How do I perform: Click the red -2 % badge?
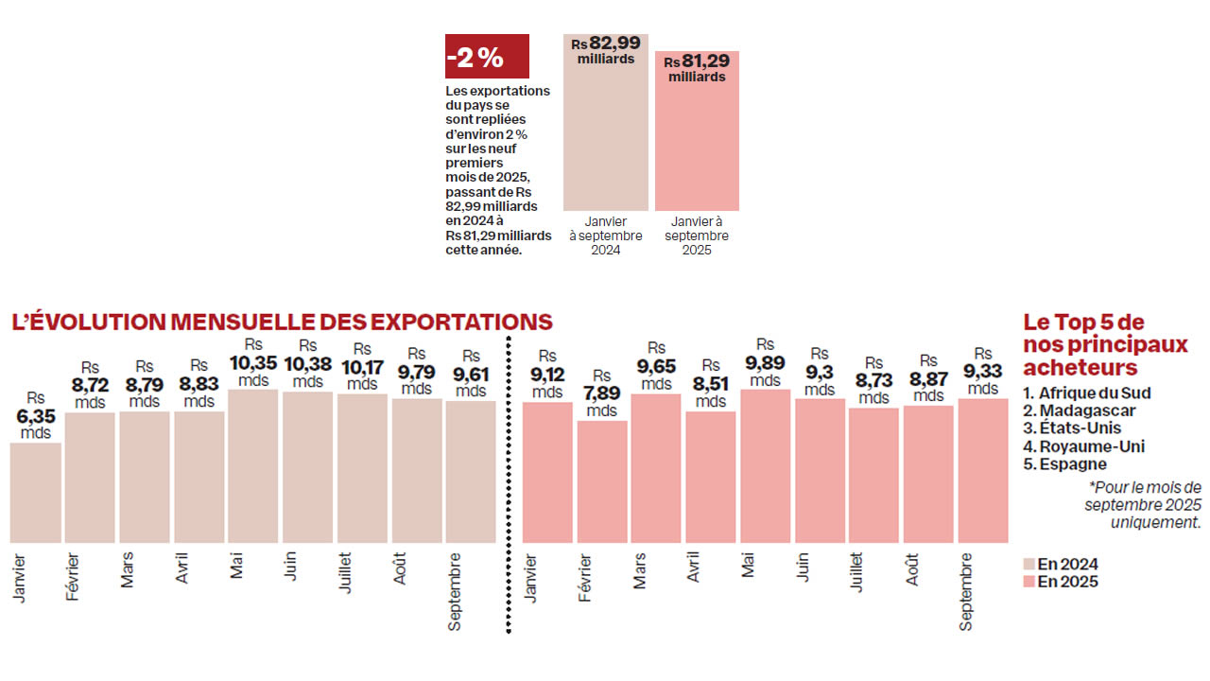486,57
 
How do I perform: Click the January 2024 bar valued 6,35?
36,492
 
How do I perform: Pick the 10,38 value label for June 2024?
307,363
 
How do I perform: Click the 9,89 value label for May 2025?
766,363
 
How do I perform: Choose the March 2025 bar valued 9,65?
657,467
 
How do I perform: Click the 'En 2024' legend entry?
1061,565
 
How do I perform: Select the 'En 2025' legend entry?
1061,582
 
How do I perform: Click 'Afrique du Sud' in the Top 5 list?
1087,393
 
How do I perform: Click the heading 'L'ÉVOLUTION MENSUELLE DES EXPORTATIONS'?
282,323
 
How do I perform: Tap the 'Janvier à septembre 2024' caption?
605,236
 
